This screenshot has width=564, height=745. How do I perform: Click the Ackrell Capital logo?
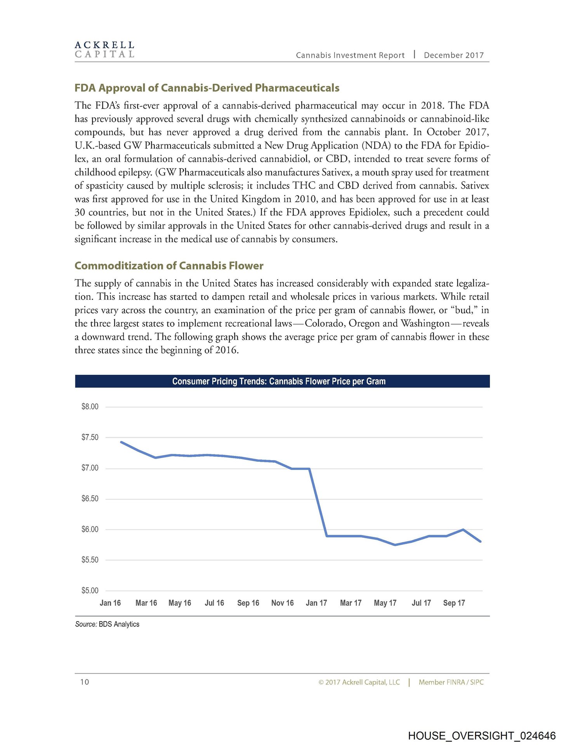click(x=104, y=50)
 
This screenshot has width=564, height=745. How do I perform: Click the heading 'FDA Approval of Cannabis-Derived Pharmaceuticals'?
click(x=207, y=88)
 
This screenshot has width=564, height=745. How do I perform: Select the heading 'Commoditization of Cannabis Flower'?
click(x=169, y=266)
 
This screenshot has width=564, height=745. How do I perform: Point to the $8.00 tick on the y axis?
click(x=90, y=407)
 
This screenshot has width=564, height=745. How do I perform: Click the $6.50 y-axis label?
click(x=90, y=499)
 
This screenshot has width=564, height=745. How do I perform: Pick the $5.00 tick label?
click(x=90, y=591)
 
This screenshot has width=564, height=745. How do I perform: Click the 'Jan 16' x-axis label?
click(x=110, y=603)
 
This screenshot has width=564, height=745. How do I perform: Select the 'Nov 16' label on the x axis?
click(x=282, y=603)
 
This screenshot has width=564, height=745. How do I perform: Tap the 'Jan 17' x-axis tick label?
click(x=316, y=603)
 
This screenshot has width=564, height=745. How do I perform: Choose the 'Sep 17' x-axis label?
click(x=454, y=603)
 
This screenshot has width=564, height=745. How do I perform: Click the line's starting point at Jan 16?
click(x=121, y=442)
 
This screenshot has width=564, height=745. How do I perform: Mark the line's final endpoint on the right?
click(x=481, y=542)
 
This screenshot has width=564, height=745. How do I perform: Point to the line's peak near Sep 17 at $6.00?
click(x=463, y=530)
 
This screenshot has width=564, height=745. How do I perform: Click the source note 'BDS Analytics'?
click(x=119, y=624)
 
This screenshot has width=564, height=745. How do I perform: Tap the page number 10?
click(x=84, y=682)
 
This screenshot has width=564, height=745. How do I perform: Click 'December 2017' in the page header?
click(x=454, y=55)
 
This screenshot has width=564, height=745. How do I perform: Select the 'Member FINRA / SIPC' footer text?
click(x=451, y=682)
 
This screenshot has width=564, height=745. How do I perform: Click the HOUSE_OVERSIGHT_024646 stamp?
click(x=482, y=736)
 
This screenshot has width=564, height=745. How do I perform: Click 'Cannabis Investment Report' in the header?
click(x=350, y=55)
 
